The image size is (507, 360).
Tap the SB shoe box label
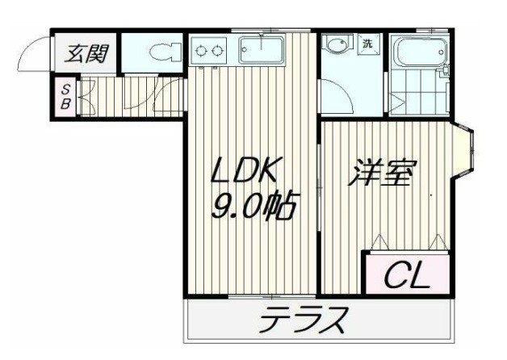(x=65, y=96)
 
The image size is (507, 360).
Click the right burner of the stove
(x=218, y=52)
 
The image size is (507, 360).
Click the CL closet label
(x=404, y=276)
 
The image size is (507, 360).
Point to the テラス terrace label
(x=304, y=322)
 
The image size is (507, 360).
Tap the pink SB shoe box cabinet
(x=65, y=96)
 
